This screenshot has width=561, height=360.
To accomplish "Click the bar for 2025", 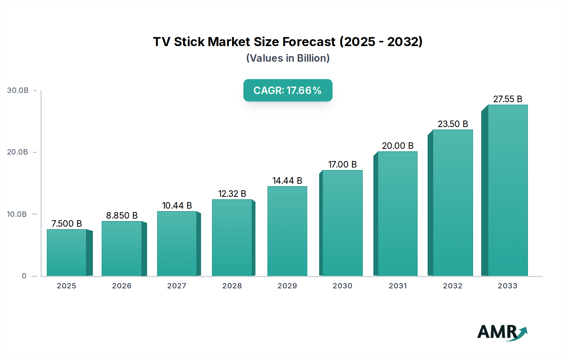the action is coord(66,253).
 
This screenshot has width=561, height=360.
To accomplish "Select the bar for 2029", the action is coord(287,231).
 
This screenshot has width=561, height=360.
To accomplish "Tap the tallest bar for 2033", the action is coord(507,190).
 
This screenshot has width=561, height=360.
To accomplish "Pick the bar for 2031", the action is coord(397,214).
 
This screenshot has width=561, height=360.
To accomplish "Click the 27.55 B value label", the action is coord(507,99).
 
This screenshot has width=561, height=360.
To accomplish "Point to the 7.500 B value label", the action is coord(66,224).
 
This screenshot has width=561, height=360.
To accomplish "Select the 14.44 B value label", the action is coord(287,181).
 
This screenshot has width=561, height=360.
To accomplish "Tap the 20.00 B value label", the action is coord(397,146).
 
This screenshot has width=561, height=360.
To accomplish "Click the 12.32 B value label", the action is coord(232,194).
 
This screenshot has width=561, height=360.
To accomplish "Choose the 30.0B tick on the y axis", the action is coord(18,90).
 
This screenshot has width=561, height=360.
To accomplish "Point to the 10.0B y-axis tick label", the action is coord(17,214).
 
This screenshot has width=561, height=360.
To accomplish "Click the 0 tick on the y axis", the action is coord(24,276).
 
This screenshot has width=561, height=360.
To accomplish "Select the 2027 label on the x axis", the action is coord(177,286).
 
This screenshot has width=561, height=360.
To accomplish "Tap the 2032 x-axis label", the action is coord(453,286).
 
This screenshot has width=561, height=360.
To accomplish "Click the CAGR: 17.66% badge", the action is coord(288,90).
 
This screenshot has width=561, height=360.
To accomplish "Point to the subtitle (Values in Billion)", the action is coord(288,58).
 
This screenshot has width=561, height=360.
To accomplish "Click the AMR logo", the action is coord(502,332).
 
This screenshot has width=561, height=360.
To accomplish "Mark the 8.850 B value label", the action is coord(122,216).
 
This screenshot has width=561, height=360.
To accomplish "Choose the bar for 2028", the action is coord(232,238).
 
